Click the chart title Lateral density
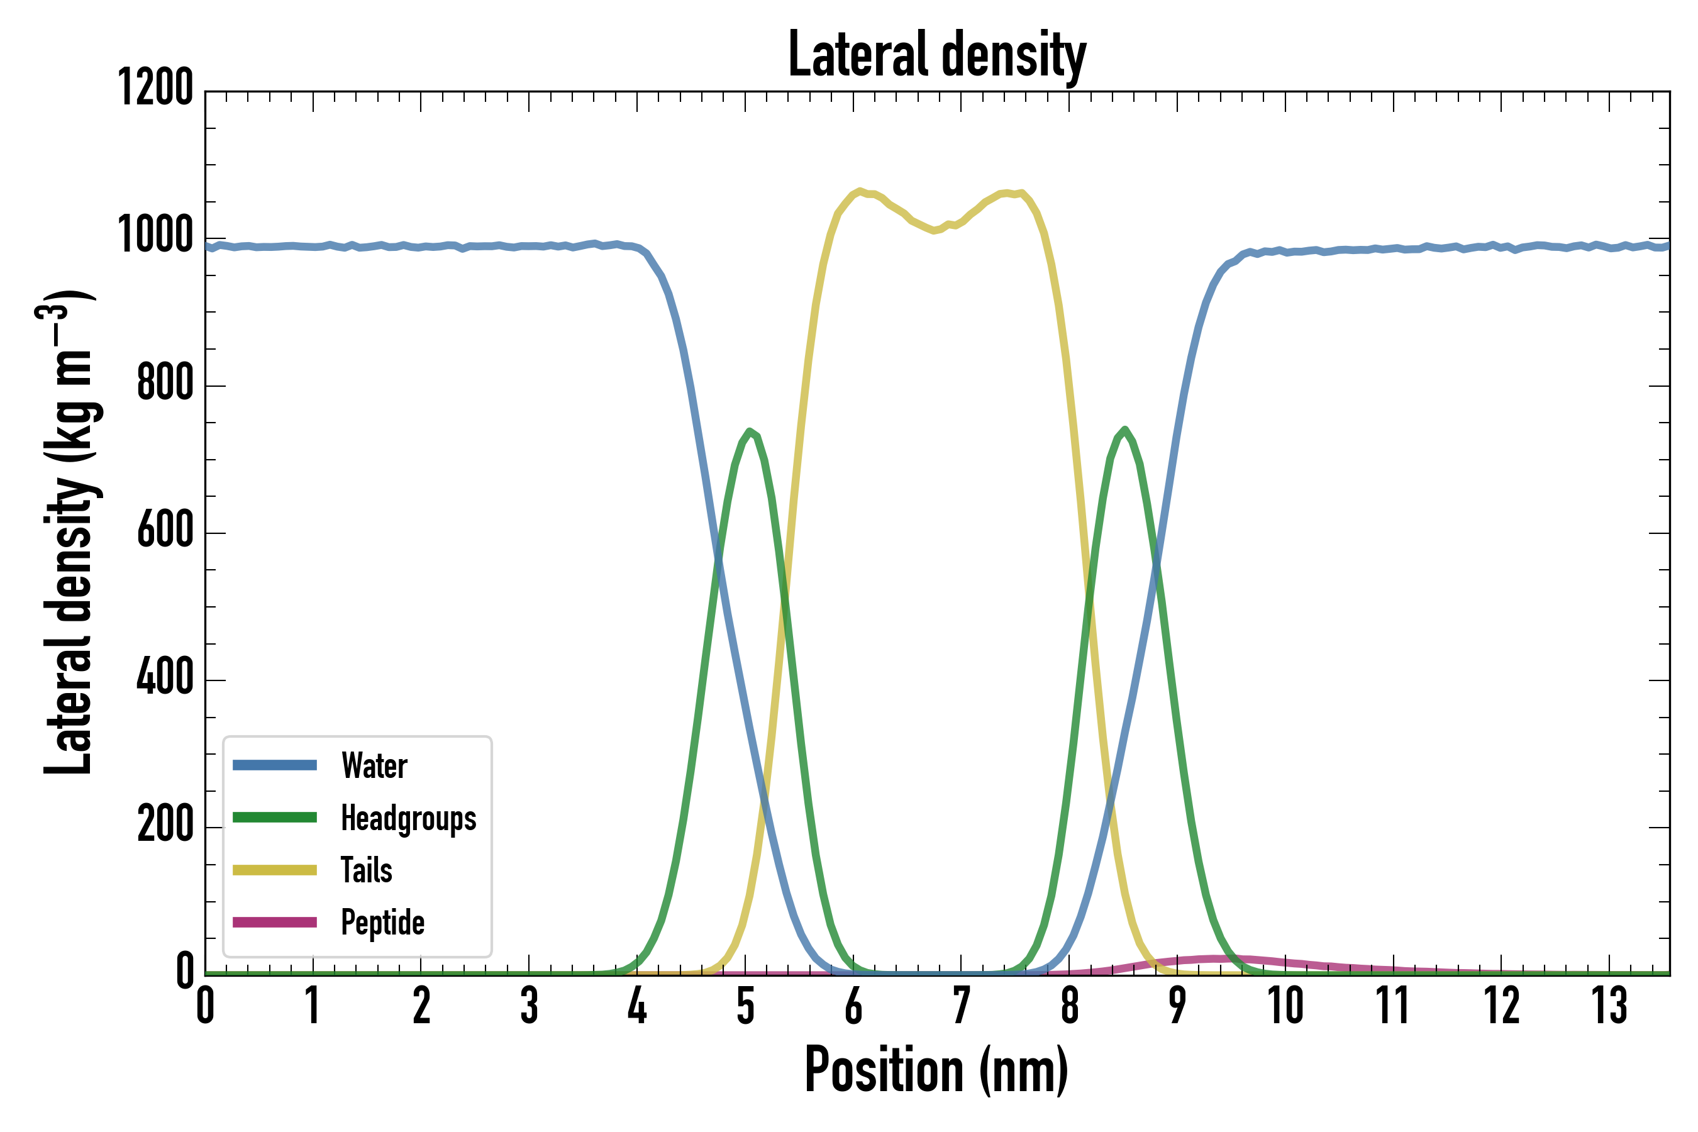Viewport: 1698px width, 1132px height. (936, 55)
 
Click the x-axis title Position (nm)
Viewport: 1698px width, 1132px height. (936, 1070)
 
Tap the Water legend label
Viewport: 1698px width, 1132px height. (374, 765)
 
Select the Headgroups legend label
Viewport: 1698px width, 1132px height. (408, 818)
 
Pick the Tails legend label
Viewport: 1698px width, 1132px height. (366, 870)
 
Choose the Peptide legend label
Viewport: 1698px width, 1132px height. (382, 923)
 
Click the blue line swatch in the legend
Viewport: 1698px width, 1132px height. (274, 765)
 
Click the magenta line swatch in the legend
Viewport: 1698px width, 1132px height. (274, 923)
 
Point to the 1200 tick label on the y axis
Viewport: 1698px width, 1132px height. (155, 88)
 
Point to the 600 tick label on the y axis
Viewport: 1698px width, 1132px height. (165, 530)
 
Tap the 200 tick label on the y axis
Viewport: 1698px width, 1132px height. (165, 824)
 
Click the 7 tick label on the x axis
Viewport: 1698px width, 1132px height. (961, 1006)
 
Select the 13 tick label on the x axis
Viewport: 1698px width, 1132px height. (1609, 1006)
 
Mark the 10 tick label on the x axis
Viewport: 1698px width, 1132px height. (1285, 1006)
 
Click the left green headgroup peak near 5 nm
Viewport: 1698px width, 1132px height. (750, 431)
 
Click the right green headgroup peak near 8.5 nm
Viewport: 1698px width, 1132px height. (1125, 430)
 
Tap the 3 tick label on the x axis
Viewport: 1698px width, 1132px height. (529, 1006)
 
